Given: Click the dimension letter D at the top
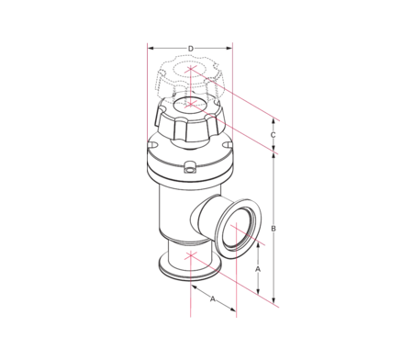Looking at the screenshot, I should [190, 48].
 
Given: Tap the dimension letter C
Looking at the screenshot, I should [274, 136].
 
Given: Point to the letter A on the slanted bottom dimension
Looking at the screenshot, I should [212, 298].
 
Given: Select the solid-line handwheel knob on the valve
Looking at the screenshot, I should [190, 120].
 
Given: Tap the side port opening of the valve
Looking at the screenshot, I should [243, 231].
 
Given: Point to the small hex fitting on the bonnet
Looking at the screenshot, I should [190, 168].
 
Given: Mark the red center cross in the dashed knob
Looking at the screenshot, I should [190, 69].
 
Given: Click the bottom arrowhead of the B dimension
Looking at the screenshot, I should [274, 299].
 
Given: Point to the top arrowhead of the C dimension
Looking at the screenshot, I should [274, 122].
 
